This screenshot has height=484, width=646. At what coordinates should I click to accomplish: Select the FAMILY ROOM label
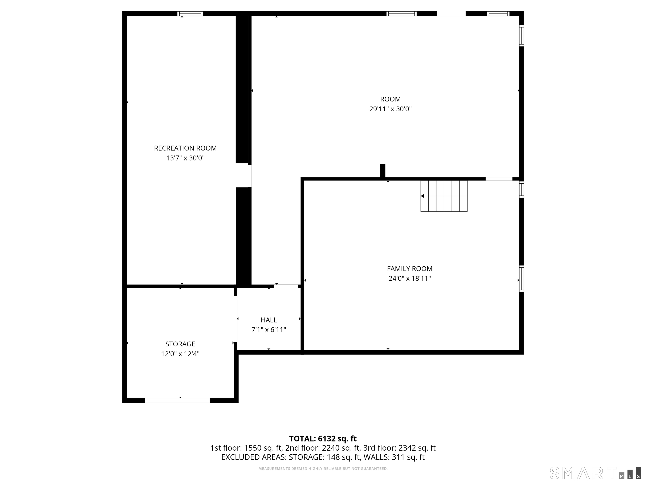(409, 269)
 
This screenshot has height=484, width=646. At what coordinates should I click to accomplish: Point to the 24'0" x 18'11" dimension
(409, 278)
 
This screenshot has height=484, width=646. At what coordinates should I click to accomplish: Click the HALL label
(269, 320)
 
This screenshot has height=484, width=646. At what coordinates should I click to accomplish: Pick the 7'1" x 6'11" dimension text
(269, 330)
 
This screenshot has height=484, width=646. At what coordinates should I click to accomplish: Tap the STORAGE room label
(180, 344)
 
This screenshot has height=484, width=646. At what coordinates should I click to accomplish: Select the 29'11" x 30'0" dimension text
(391, 109)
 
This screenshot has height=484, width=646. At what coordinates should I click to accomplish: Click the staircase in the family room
(444, 196)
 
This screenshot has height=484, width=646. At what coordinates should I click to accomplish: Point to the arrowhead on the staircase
(422, 196)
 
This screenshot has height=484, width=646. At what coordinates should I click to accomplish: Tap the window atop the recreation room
(190, 14)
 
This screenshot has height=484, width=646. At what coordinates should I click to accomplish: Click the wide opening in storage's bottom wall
(177, 400)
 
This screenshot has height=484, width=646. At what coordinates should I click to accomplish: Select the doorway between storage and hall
(235, 319)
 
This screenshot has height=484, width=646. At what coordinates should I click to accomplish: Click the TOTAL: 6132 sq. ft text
(323, 438)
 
